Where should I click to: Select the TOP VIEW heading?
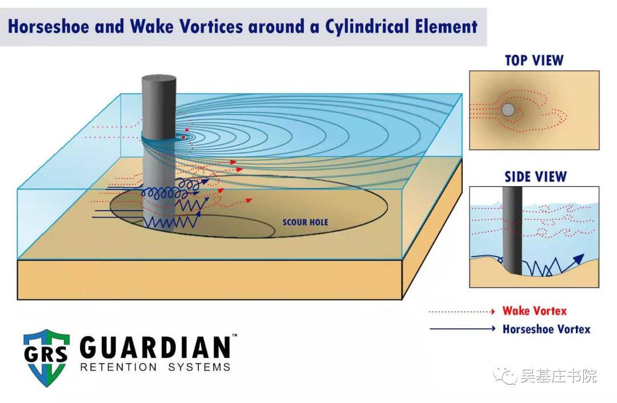pyautogui.click(x=534, y=61)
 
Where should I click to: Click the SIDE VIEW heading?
pyautogui.click(x=535, y=177)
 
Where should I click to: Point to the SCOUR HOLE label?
pyautogui.click(x=305, y=222)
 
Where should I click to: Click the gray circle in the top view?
pyautogui.click(x=508, y=110)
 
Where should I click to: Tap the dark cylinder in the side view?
pyautogui.click(x=512, y=228)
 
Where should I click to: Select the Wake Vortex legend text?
pyautogui.click(x=534, y=311)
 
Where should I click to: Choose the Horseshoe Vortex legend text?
pyautogui.click(x=546, y=329)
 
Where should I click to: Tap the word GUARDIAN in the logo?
pyautogui.click(x=155, y=347)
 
